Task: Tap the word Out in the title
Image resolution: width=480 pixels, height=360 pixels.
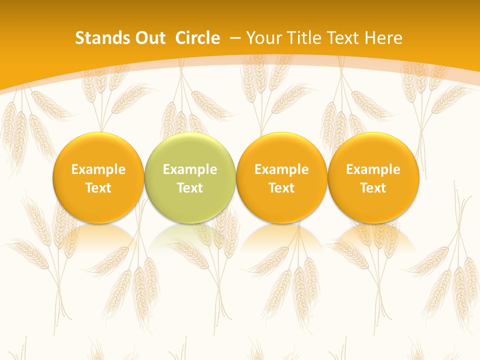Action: [148, 38]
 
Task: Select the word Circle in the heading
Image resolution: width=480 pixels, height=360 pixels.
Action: [197, 38]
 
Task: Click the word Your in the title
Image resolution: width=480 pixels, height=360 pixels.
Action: [263, 38]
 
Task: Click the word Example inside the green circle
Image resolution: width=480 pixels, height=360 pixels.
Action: [189, 169]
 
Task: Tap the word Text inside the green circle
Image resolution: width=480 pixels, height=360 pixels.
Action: [189, 188]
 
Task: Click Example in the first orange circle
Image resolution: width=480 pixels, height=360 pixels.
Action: [98, 169]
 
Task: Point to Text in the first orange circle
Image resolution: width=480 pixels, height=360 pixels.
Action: [98, 188]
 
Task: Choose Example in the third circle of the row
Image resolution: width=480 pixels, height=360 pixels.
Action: [281, 169]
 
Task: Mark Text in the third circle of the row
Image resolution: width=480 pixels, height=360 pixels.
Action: [281, 188]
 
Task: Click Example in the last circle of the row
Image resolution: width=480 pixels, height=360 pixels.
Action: [373, 169]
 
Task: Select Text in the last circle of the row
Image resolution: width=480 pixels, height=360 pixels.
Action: [373, 188]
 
